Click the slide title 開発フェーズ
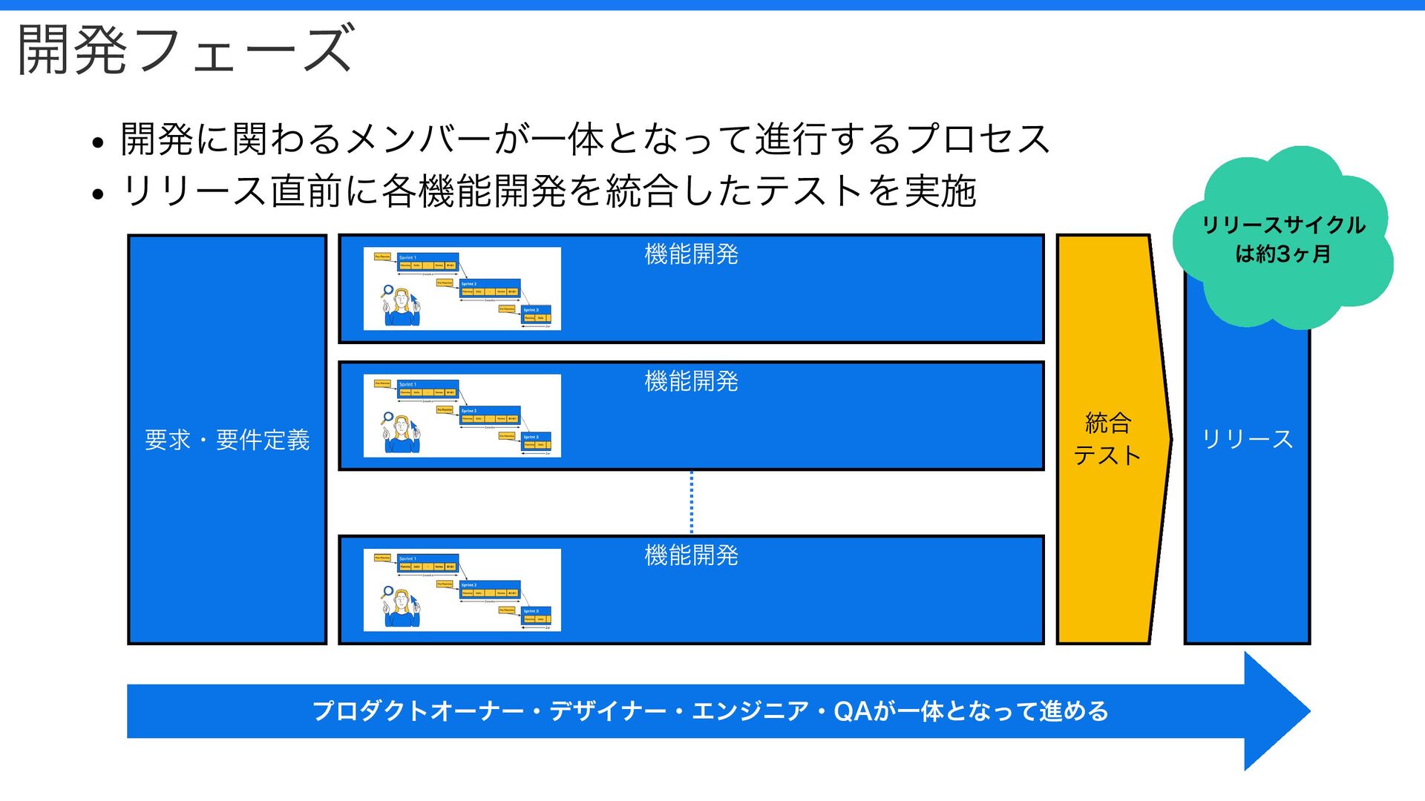click(186, 50)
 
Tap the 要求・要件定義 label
click(227, 440)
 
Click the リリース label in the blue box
click(1247, 439)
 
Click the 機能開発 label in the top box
click(691, 254)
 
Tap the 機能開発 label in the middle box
click(691, 381)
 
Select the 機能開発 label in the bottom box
click(691, 555)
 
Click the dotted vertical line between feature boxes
click(692, 502)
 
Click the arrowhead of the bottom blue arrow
click(1277, 711)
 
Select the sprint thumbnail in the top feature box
click(462, 289)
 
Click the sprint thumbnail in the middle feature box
click(462, 415)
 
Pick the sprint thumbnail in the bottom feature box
click(462, 590)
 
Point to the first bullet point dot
click(98, 142)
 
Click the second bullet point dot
click(98, 194)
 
